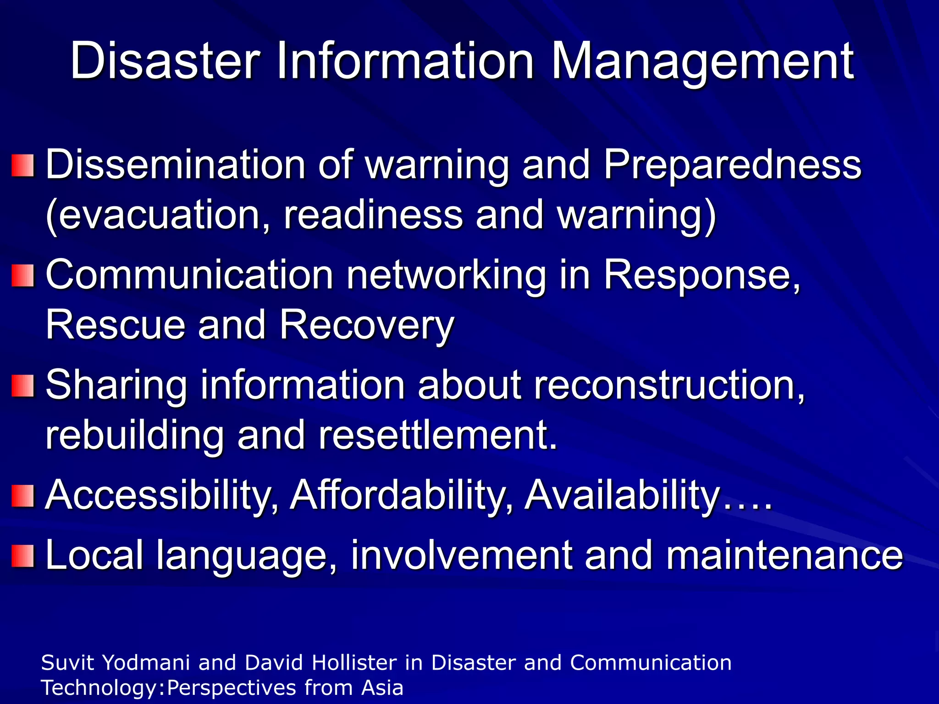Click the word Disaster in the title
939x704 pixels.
point(166,61)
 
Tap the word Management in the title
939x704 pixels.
point(702,61)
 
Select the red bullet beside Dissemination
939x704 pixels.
point(23,165)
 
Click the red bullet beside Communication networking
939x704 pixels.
point(23,275)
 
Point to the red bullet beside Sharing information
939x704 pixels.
point(23,385)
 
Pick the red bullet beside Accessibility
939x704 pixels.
point(23,495)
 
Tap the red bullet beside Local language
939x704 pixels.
point(23,556)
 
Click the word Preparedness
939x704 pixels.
point(732,165)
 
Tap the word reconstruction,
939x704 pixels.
point(669,386)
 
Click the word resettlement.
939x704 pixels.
point(438,435)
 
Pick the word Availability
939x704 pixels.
point(621,496)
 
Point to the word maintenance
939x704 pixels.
point(784,556)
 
